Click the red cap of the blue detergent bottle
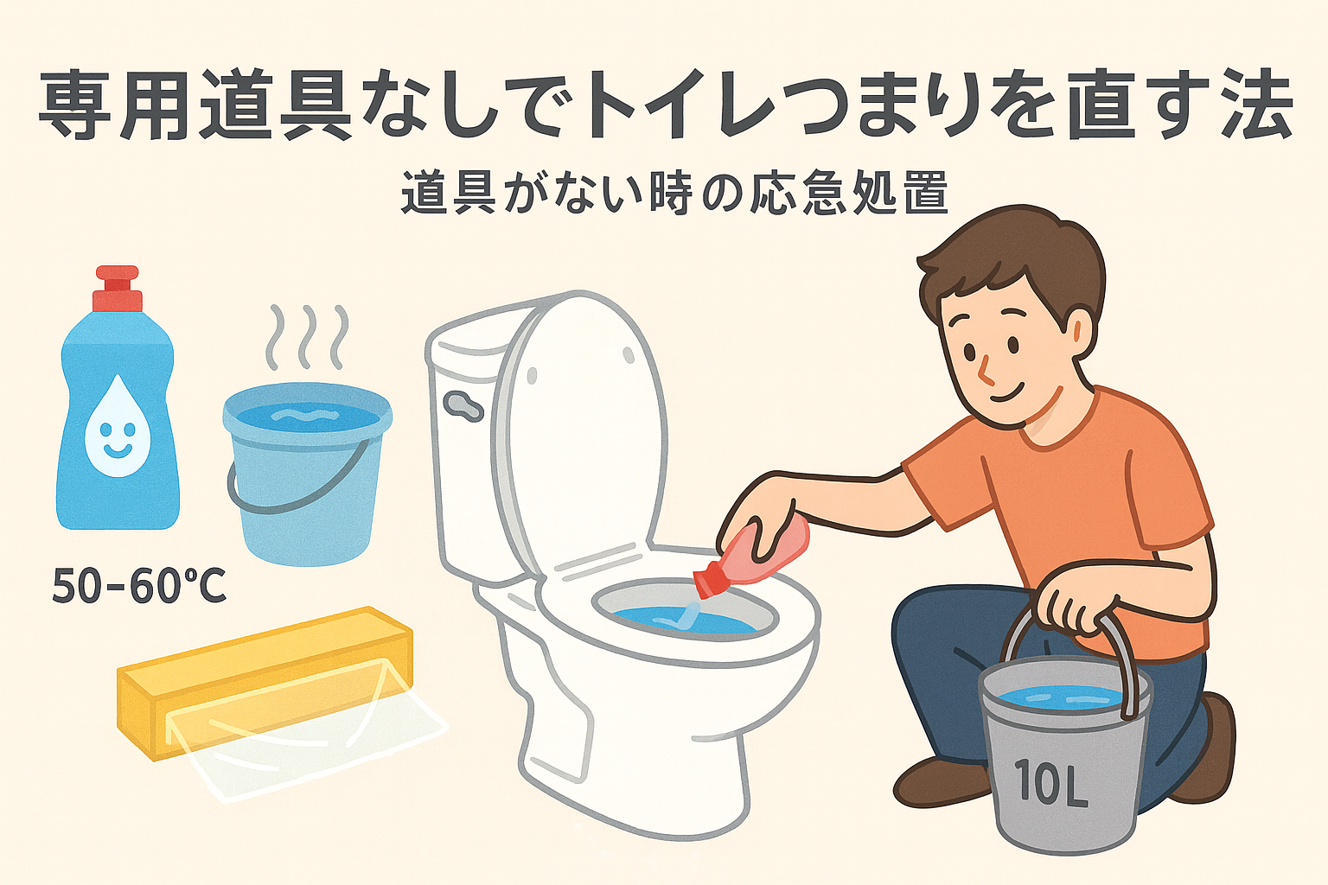[x=117, y=290]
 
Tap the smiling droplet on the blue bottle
[x=118, y=425]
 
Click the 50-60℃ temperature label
[x=139, y=586]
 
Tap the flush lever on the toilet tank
[x=463, y=404]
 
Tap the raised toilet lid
[x=584, y=423]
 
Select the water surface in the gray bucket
[x=1063, y=697]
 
